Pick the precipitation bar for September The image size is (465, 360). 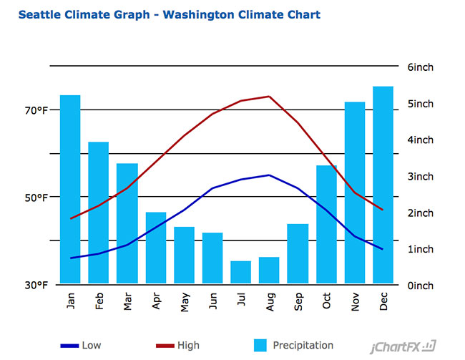point(298,254)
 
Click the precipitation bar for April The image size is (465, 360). point(156,248)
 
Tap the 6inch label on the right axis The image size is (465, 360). point(420,67)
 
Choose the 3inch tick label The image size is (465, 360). point(420,177)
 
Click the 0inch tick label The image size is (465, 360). point(420,286)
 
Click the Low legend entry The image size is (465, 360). point(81,346)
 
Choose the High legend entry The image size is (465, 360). point(178,346)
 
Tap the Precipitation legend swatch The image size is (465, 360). point(261,346)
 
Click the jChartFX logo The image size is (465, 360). point(403,347)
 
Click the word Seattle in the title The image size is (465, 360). point(40,14)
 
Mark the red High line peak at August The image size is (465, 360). point(269,97)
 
